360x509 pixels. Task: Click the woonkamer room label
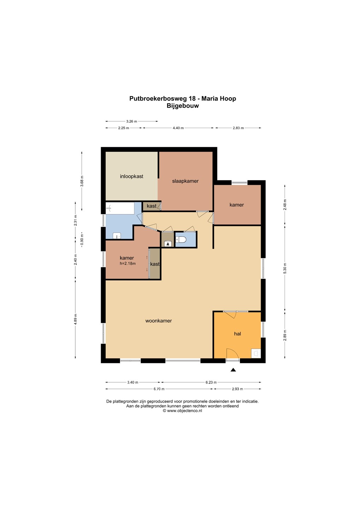158,321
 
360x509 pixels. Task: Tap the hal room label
237,334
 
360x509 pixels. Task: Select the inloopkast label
131,176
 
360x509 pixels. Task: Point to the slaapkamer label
185,181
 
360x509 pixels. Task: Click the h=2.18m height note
128,263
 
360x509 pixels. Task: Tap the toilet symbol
181,239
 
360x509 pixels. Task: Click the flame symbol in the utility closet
167,244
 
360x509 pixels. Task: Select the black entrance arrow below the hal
233,370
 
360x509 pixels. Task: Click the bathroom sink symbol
117,236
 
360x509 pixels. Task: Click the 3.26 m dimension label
131,121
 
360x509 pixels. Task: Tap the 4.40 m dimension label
178,128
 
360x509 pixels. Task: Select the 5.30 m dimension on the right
285,268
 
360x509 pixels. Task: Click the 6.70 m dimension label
159,389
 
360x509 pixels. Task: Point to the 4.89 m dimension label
75,319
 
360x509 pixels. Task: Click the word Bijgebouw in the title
183,106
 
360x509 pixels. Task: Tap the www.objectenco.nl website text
184,411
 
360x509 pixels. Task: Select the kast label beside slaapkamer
152,206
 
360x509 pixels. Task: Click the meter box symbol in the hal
256,353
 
